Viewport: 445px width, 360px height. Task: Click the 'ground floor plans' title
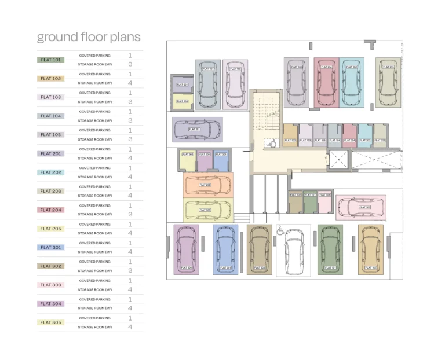89,38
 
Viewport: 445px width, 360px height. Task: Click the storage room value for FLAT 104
130,120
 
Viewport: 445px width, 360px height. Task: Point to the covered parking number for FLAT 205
130,224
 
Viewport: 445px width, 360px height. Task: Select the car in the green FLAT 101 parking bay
330,250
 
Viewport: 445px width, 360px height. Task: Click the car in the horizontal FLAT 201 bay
197,129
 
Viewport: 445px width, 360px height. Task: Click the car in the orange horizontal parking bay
207,185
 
